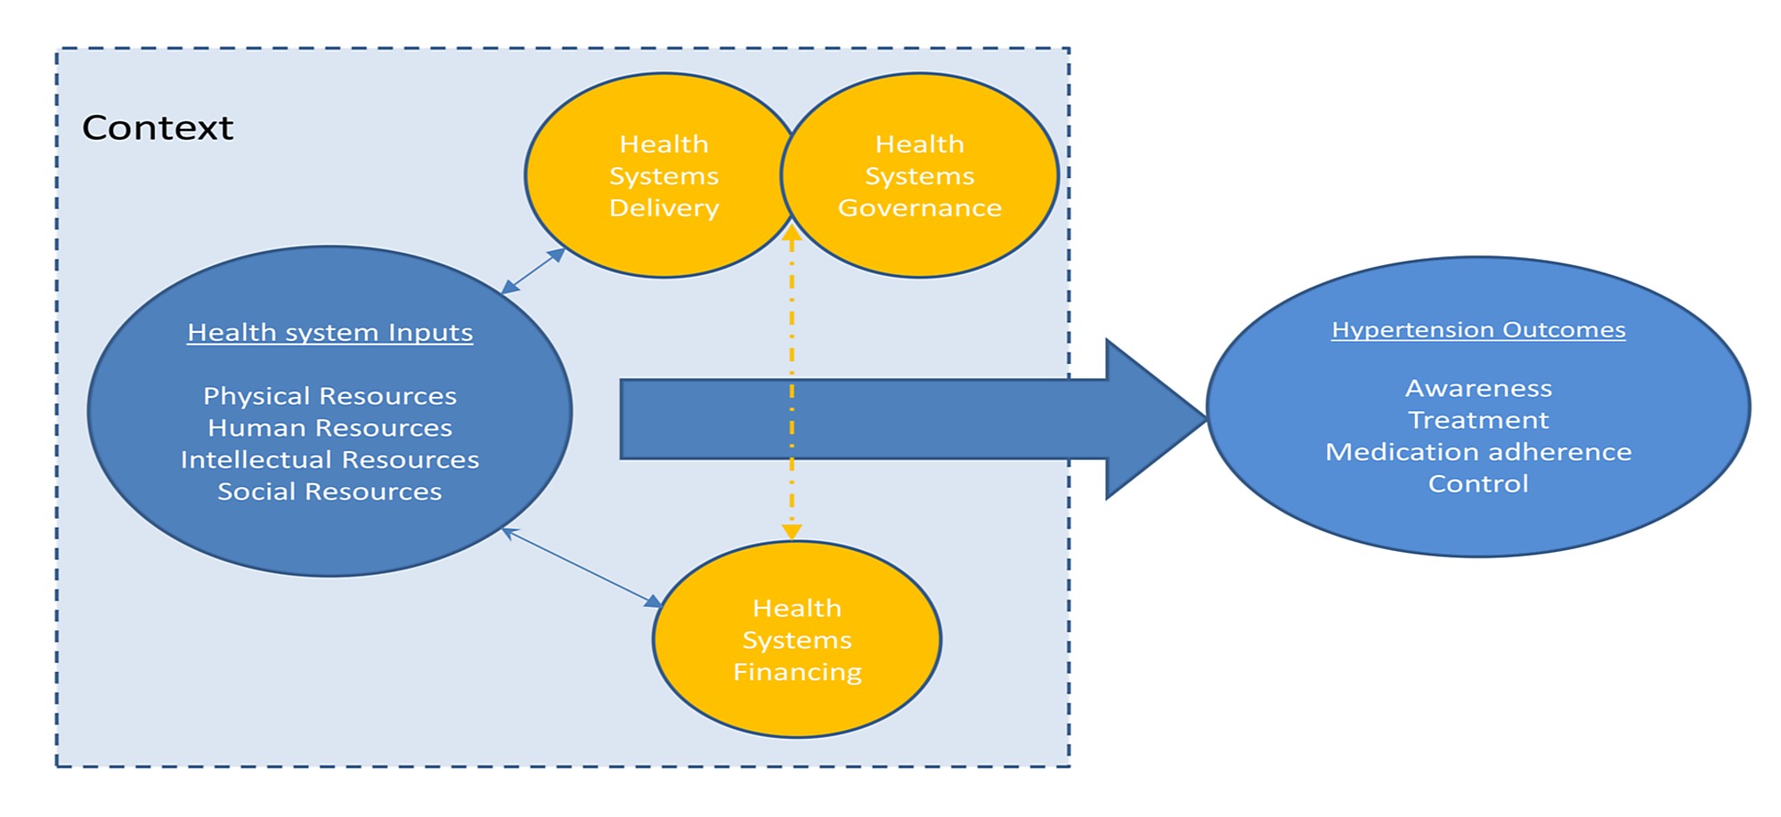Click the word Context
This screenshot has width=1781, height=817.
pos(158,128)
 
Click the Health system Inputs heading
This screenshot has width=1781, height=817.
pos(329,333)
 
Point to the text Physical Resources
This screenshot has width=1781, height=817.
pos(329,396)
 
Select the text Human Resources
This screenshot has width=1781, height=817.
pos(329,428)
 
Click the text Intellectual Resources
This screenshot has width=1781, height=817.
pos(329,460)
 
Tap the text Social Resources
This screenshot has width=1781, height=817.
pos(329,492)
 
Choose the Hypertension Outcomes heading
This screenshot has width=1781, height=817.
pos(1478,330)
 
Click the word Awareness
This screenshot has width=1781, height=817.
pos(1478,389)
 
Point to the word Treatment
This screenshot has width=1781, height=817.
pos(1478,420)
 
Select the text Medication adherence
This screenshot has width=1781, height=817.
pos(1478,452)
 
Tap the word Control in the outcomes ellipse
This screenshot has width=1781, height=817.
pos(1478,484)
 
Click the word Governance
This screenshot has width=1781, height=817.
pos(920,208)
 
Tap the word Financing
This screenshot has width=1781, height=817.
pos(797,673)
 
